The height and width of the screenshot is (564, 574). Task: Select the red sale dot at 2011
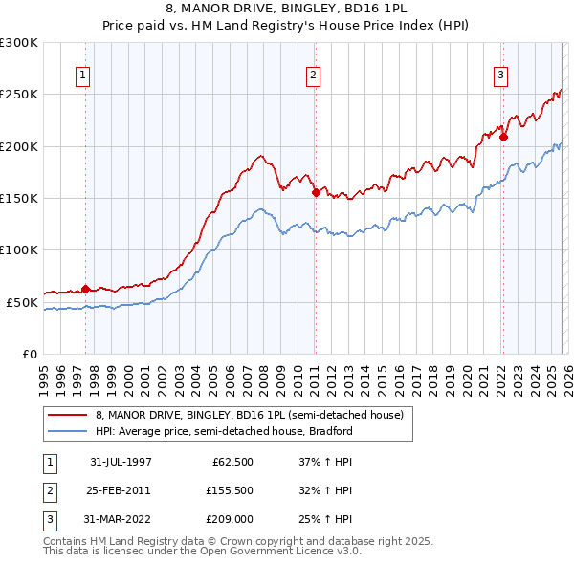pos(315,192)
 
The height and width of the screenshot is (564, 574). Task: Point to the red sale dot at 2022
pos(503,137)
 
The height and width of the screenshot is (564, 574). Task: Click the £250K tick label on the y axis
pos(19,95)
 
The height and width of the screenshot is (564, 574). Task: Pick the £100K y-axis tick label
pos(19,249)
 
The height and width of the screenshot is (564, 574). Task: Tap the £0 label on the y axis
pos(28,354)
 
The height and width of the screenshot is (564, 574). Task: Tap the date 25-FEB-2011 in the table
pos(121,489)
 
